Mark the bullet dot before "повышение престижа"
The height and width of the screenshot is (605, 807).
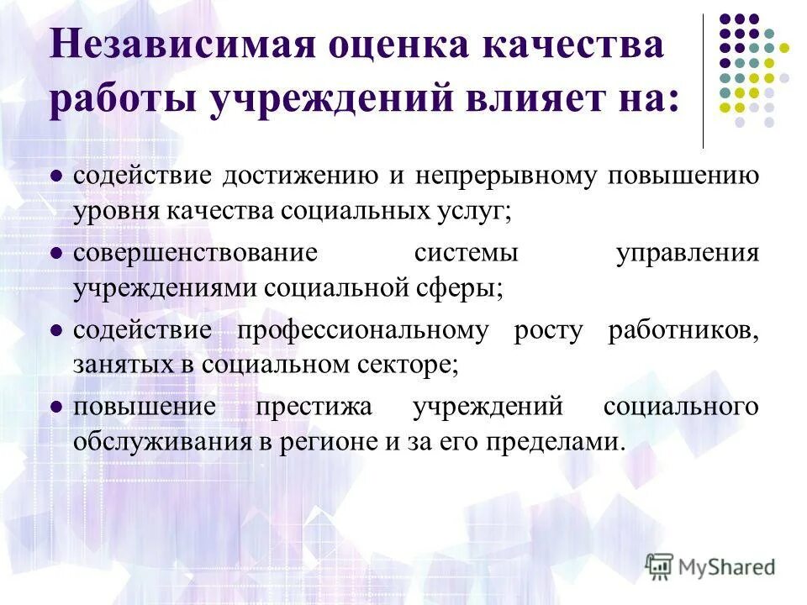click(x=56, y=408)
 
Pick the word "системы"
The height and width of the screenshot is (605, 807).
click(x=466, y=253)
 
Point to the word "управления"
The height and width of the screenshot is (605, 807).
click(x=687, y=253)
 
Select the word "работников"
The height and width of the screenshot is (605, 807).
click(x=683, y=330)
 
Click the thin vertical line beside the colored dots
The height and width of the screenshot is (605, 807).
click(x=703, y=81)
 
